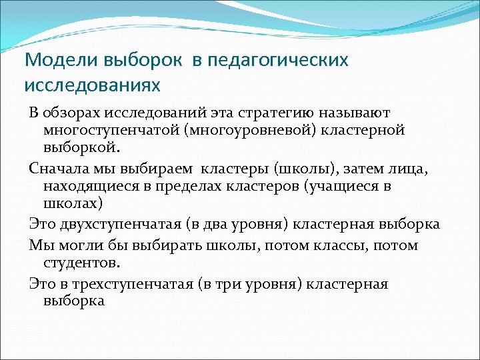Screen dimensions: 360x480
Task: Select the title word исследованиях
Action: [x=93, y=86]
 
